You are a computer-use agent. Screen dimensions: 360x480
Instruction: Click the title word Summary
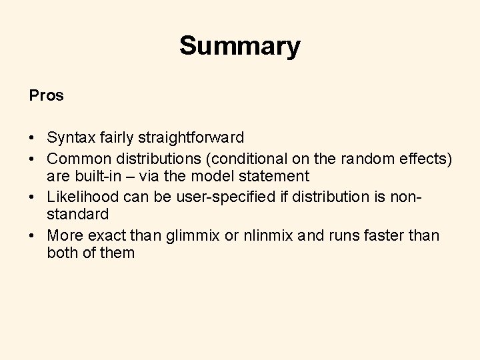[239, 47]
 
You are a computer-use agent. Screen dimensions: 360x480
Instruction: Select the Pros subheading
[47, 95]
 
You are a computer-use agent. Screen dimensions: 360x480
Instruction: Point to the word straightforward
[190, 138]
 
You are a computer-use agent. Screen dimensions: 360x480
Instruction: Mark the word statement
[272, 177]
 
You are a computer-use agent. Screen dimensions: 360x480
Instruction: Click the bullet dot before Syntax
[32, 139]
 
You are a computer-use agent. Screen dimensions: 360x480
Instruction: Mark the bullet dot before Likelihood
[32, 197]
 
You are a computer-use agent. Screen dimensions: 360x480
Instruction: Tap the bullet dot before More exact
[32, 235]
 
